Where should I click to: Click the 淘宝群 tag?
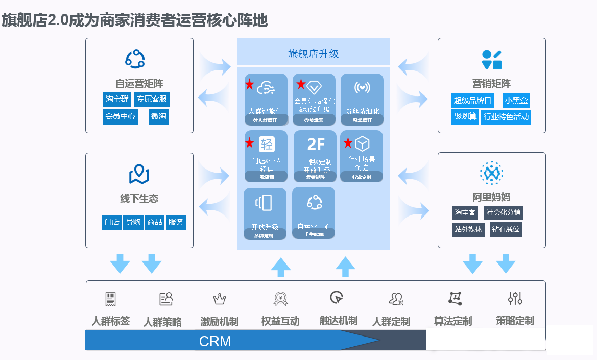(x=117, y=99)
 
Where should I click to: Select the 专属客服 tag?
(x=152, y=99)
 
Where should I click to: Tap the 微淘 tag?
(x=158, y=116)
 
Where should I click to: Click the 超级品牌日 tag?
(x=473, y=101)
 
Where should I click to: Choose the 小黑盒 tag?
(x=516, y=101)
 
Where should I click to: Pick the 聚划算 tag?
(x=465, y=116)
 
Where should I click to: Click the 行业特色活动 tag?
(x=506, y=116)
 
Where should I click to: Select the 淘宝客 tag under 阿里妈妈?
(x=465, y=213)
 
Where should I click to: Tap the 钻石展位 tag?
(x=506, y=229)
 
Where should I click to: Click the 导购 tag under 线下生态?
(x=133, y=222)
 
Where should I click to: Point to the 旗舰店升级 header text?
(x=313, y=54)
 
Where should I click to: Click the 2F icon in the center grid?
(x=316, y=144)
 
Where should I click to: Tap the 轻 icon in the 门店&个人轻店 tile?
(x=267, y=144)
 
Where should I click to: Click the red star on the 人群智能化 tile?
(x=249, y=84)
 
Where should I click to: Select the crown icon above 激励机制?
(x=219, y=299)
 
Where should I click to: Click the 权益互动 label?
(x=280, y=321)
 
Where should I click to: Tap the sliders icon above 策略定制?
(x=515, y=298)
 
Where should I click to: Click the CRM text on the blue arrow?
(x=215, y=341)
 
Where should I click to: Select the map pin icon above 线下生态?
(x=139, y=175)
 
